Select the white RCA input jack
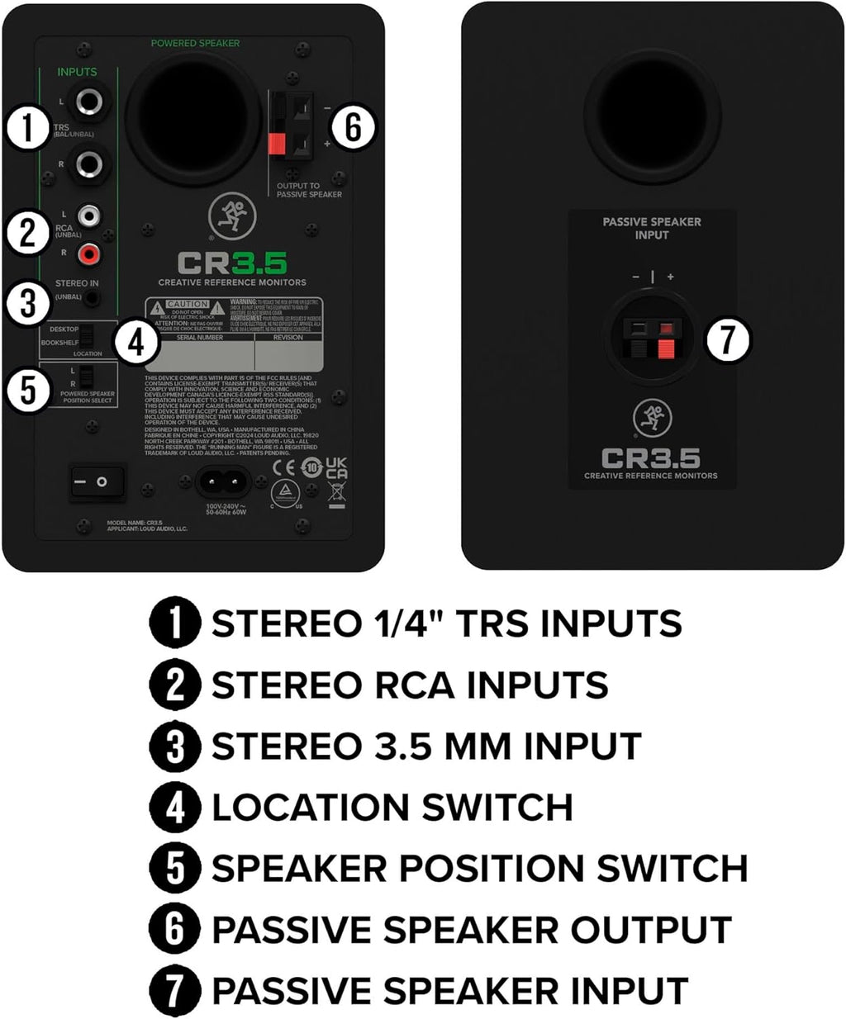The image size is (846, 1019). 88,216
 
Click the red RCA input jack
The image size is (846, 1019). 88,253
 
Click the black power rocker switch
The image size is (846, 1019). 97,481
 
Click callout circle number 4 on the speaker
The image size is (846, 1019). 137,342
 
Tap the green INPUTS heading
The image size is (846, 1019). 77,73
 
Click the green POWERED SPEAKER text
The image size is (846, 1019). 196,43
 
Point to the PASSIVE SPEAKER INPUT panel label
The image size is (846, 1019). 652,228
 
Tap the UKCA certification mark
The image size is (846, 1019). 336,468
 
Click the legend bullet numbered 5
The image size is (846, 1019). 174,868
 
